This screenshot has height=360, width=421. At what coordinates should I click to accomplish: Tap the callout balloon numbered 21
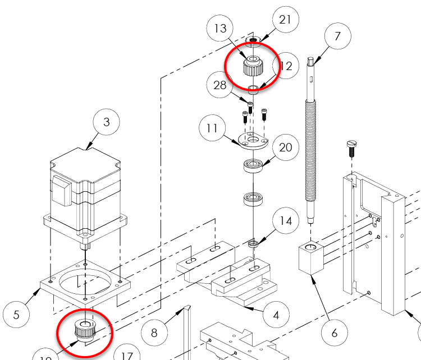(x=285, y=20)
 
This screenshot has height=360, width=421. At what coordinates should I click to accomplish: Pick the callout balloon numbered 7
(x=337, y=37)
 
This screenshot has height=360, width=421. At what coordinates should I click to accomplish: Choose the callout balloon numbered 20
(x=286, y=147)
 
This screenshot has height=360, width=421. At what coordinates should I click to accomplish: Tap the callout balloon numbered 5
(x=16, y=315)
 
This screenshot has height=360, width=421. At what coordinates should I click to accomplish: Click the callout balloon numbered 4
(x=276, y=315)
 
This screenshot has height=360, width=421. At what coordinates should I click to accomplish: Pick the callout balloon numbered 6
(x=335, y=333)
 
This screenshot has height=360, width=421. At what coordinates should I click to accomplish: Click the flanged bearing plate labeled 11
(x=251, y=141)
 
